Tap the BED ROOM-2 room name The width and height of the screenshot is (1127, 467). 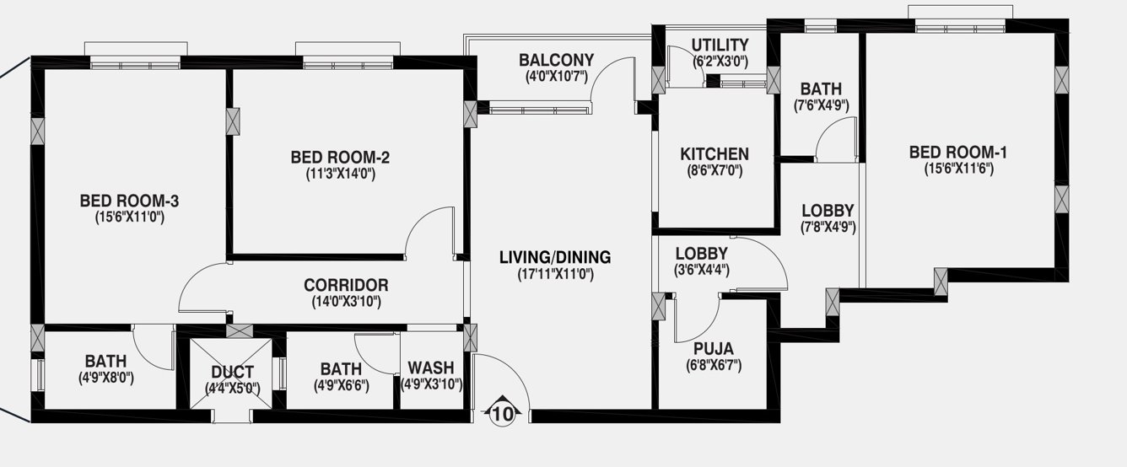340,157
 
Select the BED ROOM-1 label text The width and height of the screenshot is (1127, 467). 957,152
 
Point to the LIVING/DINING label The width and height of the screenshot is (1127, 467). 554,257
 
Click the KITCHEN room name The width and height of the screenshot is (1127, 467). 714,154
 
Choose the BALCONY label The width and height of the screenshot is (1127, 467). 556,61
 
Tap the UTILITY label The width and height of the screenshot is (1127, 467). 720,45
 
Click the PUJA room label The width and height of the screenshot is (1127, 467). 713,349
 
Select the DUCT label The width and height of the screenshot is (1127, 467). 232,372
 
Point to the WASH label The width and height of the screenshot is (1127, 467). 430,368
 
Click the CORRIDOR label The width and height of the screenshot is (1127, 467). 346,285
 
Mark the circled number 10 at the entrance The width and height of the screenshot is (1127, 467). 502,414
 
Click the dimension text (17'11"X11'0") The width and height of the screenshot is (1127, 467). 554,274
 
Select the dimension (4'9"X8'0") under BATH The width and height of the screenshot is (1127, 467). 105,378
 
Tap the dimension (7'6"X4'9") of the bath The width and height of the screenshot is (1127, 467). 821,105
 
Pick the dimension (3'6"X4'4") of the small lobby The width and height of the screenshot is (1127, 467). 702,270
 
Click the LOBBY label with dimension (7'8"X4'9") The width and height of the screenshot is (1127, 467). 828,210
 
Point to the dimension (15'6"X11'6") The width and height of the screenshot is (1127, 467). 957,168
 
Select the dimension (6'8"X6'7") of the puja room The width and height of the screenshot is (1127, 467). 713,365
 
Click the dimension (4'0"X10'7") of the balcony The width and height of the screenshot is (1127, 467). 556,77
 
